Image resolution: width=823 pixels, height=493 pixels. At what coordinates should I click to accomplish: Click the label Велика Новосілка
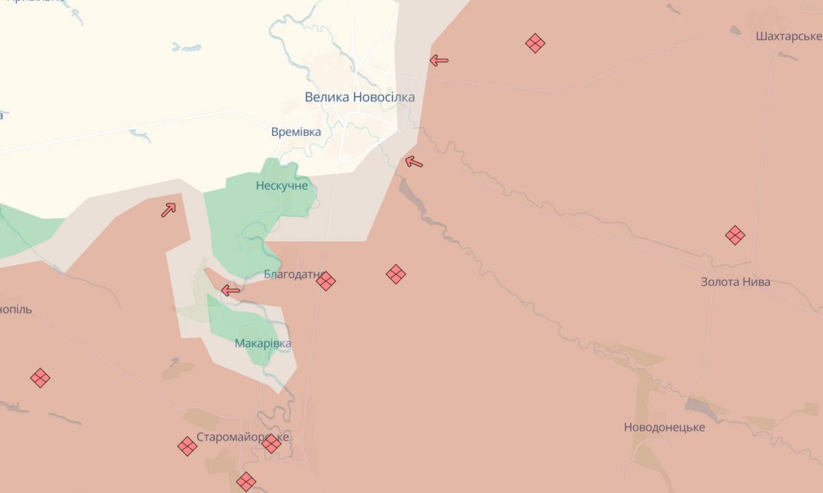click(x=359, y=97)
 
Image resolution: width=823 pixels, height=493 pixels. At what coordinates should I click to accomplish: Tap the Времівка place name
click(x=296, y=132)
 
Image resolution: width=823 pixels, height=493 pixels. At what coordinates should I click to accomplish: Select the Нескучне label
click(x=282, y=186)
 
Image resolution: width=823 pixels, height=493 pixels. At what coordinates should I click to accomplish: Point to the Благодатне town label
click(x=293, y=274)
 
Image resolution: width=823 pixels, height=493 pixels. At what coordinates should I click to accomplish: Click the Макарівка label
click(x=263, y=344)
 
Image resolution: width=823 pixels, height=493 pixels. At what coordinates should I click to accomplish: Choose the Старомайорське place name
click(x=243, y=437)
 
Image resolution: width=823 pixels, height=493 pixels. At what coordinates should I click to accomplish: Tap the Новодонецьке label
click(x=664, y=427)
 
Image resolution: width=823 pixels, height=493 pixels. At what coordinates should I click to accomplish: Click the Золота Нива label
click(x=735, y=282)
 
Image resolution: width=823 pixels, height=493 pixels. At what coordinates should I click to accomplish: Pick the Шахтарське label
click(x=788, y=36)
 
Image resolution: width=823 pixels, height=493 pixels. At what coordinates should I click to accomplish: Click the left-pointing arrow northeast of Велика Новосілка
click(x=439, y=60)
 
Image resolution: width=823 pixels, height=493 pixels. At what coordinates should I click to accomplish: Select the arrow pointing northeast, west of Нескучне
click(x=169, y=209)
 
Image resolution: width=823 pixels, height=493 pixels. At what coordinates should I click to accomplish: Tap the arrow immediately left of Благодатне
click(x=230, y=291)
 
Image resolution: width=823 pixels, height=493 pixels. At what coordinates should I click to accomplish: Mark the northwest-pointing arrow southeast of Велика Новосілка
click(x=414, y=163)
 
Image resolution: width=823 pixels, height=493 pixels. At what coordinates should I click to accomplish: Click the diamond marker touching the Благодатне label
click(x=326, y=280)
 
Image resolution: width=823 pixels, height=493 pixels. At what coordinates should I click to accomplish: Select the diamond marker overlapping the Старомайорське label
click(x=272, y=443)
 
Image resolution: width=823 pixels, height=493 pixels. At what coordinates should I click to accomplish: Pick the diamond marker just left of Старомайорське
click(x=187, y=446)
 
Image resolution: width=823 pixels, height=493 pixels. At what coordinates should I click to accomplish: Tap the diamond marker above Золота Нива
click(x=735, y=235)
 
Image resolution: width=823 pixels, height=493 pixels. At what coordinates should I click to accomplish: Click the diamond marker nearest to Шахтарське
click(x=535, y=44)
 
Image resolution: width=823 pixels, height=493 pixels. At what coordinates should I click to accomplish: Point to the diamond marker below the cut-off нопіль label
click(x=40, y=378)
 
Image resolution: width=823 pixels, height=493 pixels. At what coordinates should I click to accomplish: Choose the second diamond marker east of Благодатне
click(x=396, y=274)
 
